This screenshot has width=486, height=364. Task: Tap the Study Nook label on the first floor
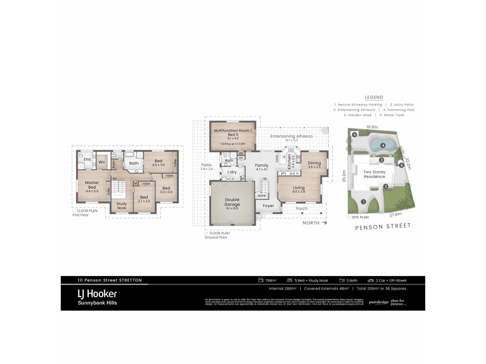coord(122,204)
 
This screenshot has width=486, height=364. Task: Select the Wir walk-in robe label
coord(102,163)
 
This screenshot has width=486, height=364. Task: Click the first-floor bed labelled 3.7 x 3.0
coord(144,199)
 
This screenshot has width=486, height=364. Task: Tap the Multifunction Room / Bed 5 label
coord(234,133)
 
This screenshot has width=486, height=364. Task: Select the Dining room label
coord(314,163)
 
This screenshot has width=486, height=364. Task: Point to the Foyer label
coord(269,206)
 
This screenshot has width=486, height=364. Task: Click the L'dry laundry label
coord(231,172)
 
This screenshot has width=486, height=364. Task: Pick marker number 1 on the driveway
coord(363,201)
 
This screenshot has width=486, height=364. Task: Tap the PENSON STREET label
coord(382,225)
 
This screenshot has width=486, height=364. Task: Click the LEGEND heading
coord(373,97)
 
